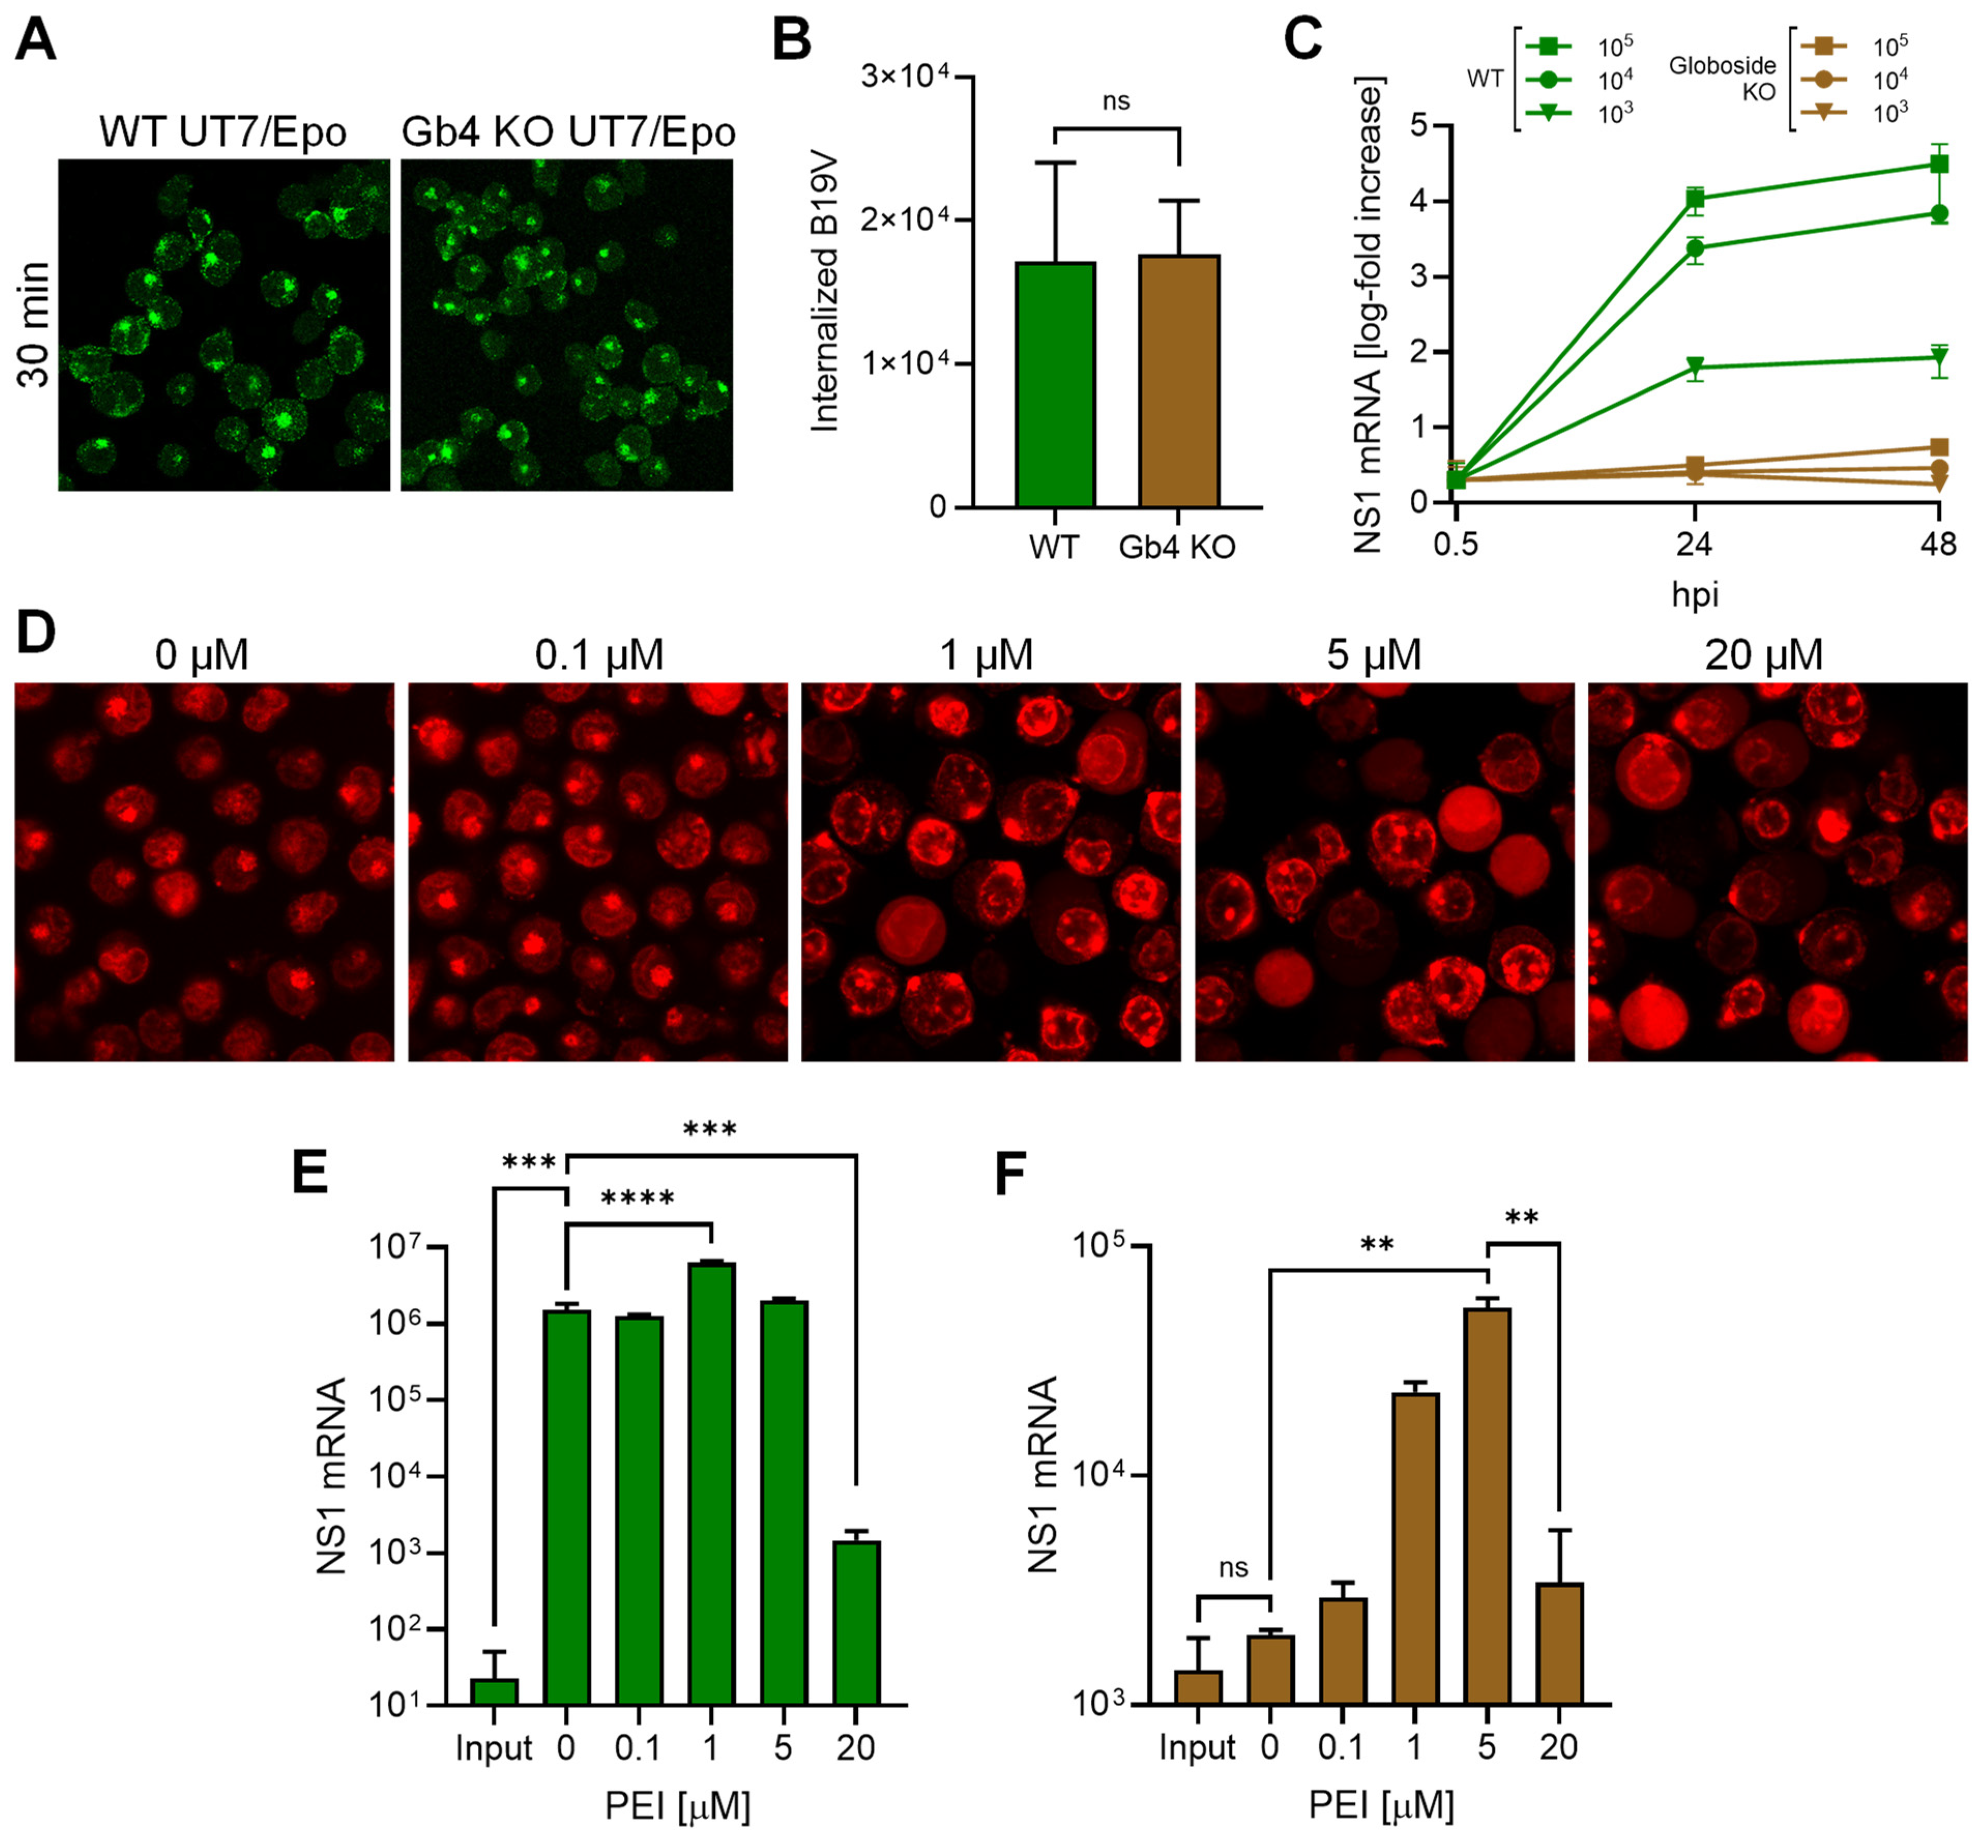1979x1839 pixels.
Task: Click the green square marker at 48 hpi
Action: pyautogui.click(x=1938, y=164)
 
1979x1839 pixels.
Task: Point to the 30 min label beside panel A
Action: pyautogui.click(x=35, y=325)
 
